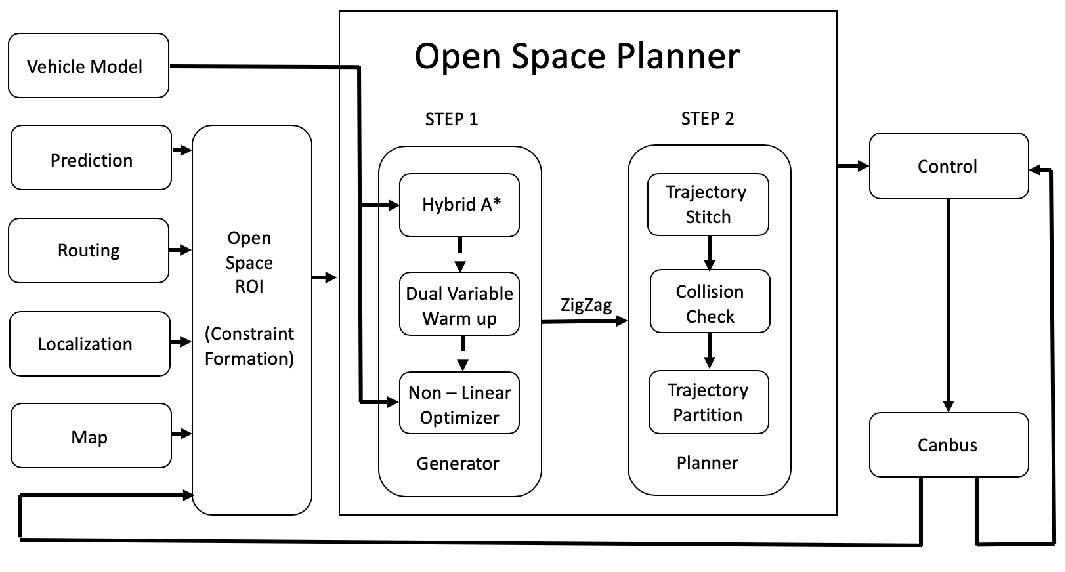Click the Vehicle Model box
point(89,66)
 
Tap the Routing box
point(89,251)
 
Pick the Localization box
point(90,344)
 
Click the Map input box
point(91,436)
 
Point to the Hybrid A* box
point(459,205)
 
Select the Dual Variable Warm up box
point(459,306)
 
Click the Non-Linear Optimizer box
point(459,404)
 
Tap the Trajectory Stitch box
point(708,205)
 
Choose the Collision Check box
point(710,303)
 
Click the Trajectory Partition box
point(708,403)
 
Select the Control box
point(948,166)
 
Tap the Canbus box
point(948,445)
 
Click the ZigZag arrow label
point(586,305)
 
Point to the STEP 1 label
point(452,119)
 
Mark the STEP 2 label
point(707,119)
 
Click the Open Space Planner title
point(577,56)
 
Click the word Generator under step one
point(458,464)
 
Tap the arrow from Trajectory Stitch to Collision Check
point(710,253)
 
